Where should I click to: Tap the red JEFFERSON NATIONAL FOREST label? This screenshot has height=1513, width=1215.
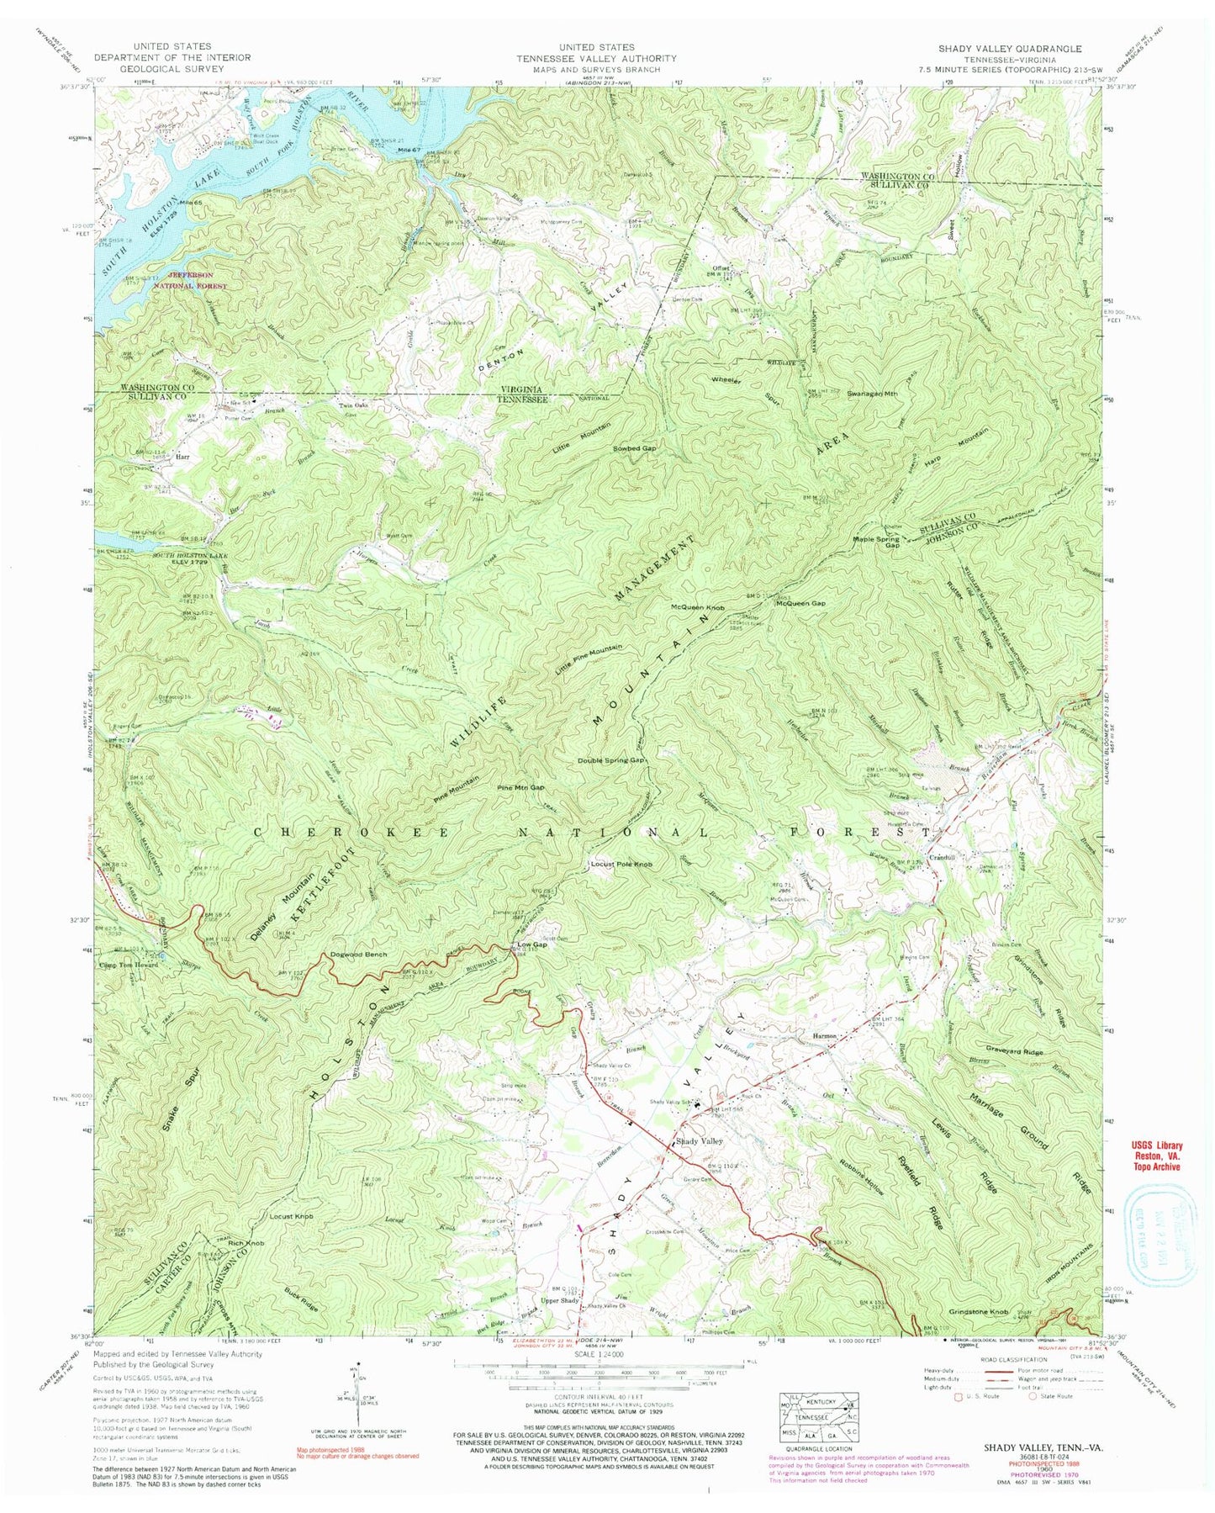click(212, 280)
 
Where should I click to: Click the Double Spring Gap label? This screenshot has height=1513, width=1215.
click(610, 760)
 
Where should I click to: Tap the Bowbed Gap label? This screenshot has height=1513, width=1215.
click(635, 448)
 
